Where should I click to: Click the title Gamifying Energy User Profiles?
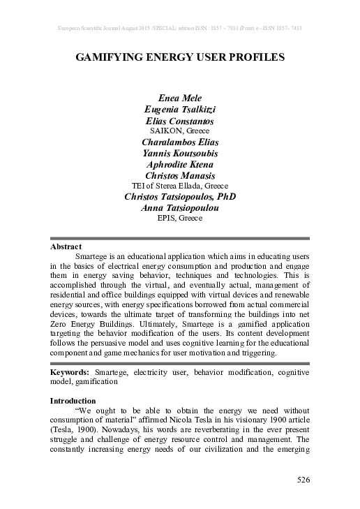pos(180,58)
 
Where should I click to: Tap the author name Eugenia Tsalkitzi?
pos(180,110)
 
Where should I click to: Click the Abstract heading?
pos(66,246)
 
